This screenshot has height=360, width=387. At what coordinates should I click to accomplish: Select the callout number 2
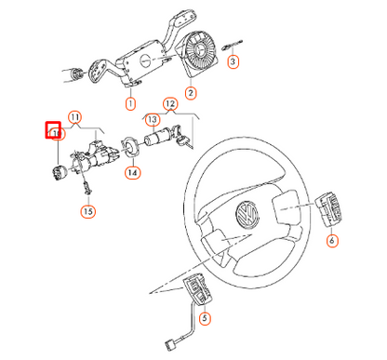tap(192, 93)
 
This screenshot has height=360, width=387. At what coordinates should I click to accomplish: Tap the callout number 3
tap(234, 62)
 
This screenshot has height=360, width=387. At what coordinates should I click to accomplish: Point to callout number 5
tap(206, 319)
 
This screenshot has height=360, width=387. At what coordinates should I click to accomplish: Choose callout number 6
tap(332, 240)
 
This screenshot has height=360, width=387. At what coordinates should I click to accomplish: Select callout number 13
tap(152, 120)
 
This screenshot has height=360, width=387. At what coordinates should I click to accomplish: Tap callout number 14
tap(132, 172)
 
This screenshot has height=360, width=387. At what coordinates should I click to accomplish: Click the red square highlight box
tap(54, 131)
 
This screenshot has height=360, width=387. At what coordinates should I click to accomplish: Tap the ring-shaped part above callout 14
tap(131, 147)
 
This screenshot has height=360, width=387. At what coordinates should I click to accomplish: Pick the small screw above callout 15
tap(85, 189)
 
